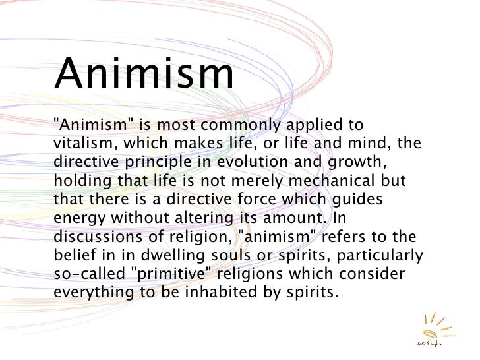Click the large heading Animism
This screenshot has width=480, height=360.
[x=144, y=74]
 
